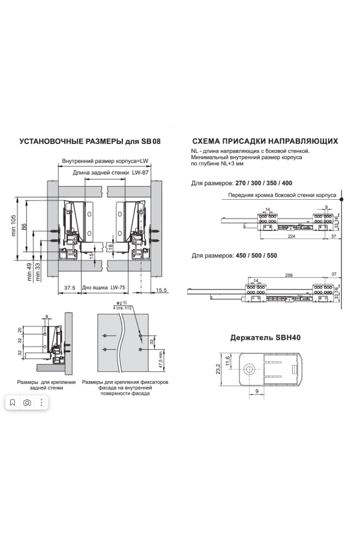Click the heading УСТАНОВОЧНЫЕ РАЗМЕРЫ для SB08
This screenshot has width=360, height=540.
[90, 142]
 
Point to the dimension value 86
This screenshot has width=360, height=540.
[25, 226]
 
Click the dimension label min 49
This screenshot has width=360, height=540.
[29, 272]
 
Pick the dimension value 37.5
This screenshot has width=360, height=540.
[70, 288]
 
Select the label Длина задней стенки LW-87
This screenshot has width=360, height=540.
[110, 173]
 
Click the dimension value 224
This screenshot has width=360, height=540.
[290, 237]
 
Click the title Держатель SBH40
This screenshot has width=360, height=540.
[265, 338]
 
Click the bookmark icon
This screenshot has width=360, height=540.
[13, 403]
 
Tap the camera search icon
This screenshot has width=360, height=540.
[27, 403]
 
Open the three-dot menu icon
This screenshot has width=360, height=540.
[41, 403]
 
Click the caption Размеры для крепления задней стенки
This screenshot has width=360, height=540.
[42, 385]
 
